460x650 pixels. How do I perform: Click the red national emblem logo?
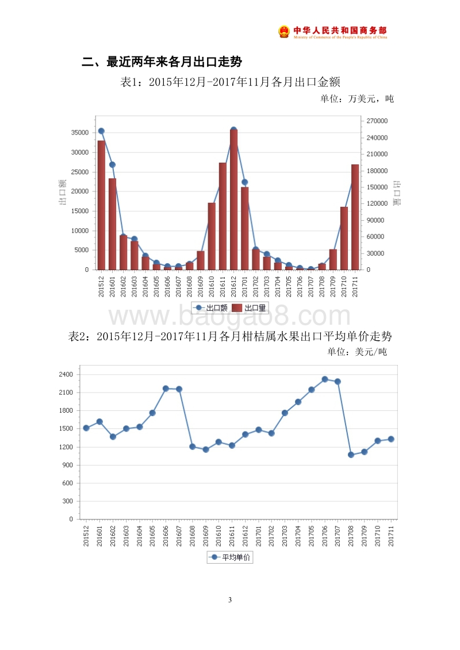pyautogui.click(x=284, y=32)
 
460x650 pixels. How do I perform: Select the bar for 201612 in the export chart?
pyautogui.click(x=233, y=200)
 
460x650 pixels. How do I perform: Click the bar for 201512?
pyautogui.click(x=101, y=205)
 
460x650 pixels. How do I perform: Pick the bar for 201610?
pyautogui.click(x=212, y=236)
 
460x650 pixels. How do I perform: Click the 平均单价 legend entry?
pyautogui.click(x=230, y=557)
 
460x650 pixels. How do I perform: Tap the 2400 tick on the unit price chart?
pyautogui.click(x=66, y=375)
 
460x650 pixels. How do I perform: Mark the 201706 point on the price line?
pyautogui.click(x=325, y=379)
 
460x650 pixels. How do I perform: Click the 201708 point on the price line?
pyautogui.click(x=351, y=455)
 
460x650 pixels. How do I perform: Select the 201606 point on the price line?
pyautogui.click(x=166, y=389)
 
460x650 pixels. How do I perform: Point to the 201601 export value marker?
pyautogui.click(x=112, y=165)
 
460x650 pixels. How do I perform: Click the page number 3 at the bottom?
pyautogui.click(x=230, y=600)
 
